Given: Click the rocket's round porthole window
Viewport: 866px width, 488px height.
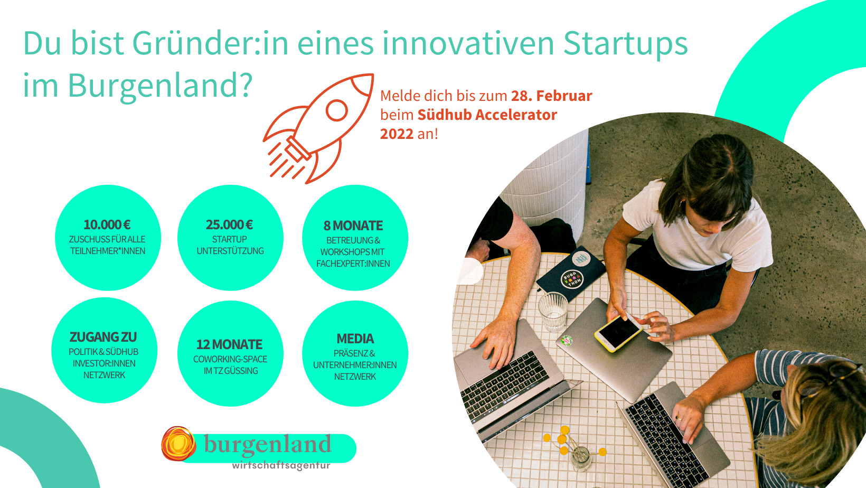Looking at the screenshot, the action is pyautogui.click(x=336, y=110).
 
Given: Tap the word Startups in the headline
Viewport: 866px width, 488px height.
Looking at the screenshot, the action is pyautogui.click(x=625, y=43).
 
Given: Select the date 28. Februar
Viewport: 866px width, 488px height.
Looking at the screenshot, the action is pyautogui.click(x=552, y=96).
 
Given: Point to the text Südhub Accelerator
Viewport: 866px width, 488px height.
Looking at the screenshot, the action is pyautogui.click(x=487, y=115).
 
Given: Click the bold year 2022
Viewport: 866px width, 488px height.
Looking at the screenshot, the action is pyautogui.click(x=397, y=134).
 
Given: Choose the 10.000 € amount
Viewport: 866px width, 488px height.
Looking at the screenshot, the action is pyautogui.click(x=107, y=224).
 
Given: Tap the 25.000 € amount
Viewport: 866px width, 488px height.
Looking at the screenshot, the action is pyautogui.click(x=229, y=224).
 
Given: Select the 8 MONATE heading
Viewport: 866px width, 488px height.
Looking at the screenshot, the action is pyautogui.click(x=353, y=226).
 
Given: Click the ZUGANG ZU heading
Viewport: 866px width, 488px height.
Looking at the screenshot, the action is pyautogui.click(x=103, y=337).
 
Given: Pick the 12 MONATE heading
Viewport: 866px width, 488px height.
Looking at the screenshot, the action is pyautogui.click(x=229, y=344).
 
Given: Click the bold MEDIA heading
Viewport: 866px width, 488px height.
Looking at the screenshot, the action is pyautogui.click(x=355, y=339).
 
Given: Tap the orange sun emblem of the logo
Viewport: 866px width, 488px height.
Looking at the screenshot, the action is pyautogui.click(x=178, y=444).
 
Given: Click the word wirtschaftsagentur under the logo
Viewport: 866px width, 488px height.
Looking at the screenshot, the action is pyautogui.click(x=281, y=466).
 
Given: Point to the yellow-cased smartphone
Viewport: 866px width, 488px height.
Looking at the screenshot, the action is pyautogui.click(x=618, y=333).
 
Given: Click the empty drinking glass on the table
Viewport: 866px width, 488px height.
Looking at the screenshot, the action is pyautogui.click(x=553, y=312).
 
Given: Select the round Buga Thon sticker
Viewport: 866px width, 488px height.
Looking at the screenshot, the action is pyautogui.click(x=572, y=279).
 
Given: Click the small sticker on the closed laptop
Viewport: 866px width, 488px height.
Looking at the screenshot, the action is pyautogui.click(x=567, y=340).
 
